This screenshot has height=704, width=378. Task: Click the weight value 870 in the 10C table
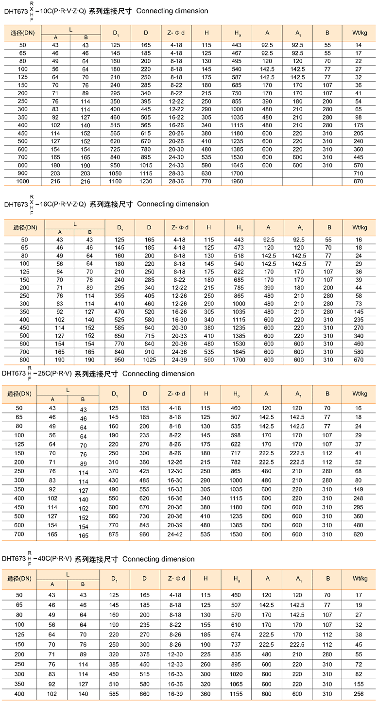pyautogui.click(x=359, y=181)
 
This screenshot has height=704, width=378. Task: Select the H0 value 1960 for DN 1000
pyautogui.click(x=237, y=181)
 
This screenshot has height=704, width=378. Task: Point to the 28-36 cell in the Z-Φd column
pyautogui.click(x=176, y=181)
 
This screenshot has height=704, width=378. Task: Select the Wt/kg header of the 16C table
pyautogui.click(x=359, y=227)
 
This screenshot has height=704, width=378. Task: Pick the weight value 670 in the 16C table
pyautogui.click(x=359, y=360)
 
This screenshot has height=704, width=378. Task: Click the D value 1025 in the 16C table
pyautogui.click(x=149, y=360)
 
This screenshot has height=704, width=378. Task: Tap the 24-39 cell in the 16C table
pyautogui.click(x=180, y=360)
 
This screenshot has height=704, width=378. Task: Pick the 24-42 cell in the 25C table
pyautogui.click(x=176, y=534)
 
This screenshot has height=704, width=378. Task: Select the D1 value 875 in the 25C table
pyautogui.click(x=114, y=534)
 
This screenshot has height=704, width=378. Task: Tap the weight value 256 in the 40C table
pyautogui.click(x=359, y=694)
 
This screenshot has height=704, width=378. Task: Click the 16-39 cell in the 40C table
pyautogui.click(x=176, y=694)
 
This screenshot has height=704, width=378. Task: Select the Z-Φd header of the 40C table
pyautogui.click(x=176, y=579)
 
